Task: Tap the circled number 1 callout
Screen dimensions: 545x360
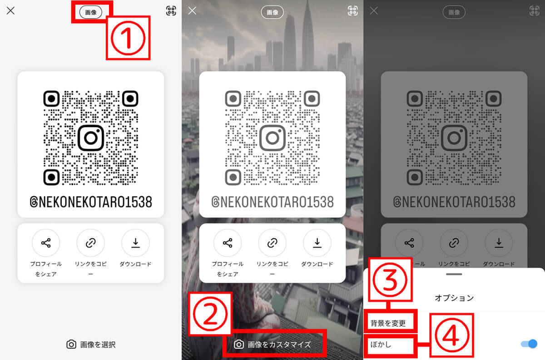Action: [128, 38]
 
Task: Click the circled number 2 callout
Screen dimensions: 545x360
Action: [210, 314]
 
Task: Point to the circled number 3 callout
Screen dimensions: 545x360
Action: [390, 280]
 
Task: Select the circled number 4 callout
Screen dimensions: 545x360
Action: [452, 335]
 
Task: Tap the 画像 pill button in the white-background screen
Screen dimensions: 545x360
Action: [91, 12]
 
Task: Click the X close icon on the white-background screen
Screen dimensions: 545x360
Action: [11, 11]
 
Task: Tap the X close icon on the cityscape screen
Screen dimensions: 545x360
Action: [192, 11]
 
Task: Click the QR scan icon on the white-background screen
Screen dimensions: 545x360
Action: [171, 11]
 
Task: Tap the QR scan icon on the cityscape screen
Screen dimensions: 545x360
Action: [353, 11]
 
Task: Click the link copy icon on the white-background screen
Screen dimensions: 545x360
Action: [90, 243]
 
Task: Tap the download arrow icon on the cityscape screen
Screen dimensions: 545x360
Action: [317, 243]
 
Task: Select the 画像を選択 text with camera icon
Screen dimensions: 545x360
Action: [91, 345]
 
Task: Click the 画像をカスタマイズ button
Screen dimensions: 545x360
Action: [272, 345]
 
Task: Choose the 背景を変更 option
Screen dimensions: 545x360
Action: [388, 323]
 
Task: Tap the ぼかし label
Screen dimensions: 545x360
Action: [381, 345]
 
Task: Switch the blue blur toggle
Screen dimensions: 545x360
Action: [529, 344]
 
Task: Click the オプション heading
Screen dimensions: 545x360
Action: [454, 298]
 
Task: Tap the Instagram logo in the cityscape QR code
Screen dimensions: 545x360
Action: [272, 138]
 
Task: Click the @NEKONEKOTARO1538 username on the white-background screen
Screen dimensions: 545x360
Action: [91, 202]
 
